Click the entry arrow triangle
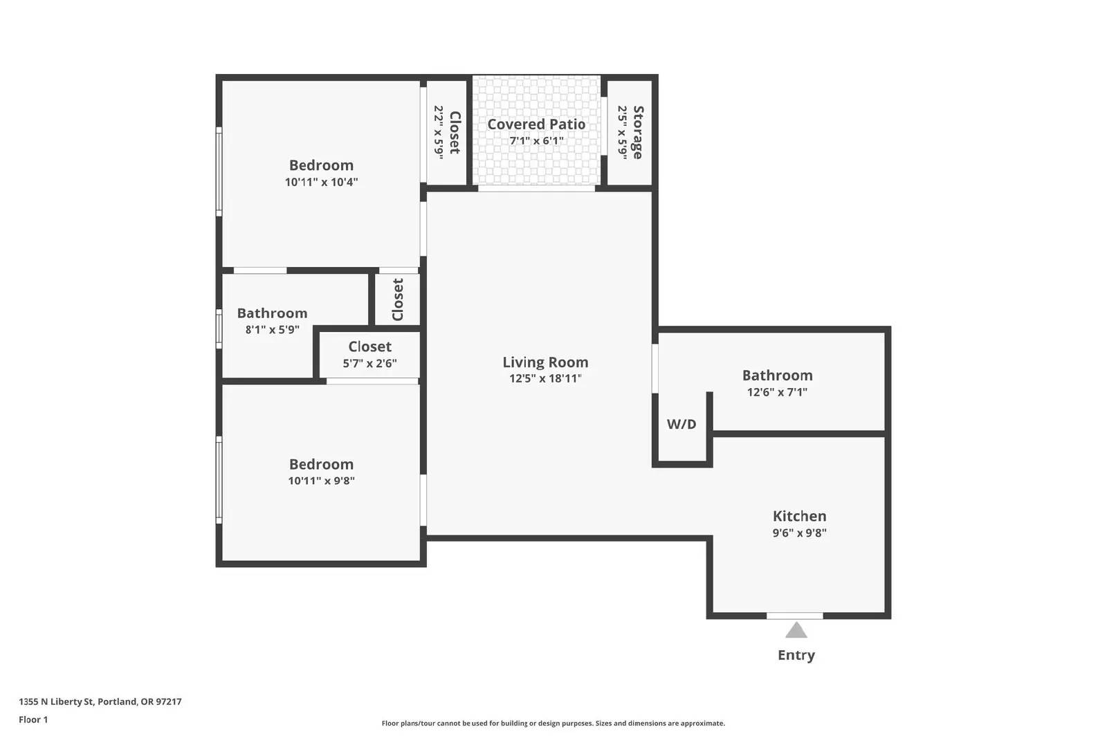[796, 630]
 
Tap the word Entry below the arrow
[796, 655]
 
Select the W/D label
[681, 424]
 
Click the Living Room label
[546, 362]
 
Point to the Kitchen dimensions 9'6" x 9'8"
[800, 533]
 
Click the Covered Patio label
[536, 124]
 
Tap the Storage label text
[638, 132]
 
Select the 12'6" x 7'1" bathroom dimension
[778, 391]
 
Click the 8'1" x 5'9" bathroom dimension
[273, 329]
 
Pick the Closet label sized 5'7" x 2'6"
[369, 347]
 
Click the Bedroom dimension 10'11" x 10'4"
[321, 182]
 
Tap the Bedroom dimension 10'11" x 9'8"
[321, 481]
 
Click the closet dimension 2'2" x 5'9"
[439, 132]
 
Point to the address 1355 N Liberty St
[56, 701]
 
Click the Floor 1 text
[33, 720]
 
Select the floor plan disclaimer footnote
[553, 723]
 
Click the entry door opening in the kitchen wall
[795, 616]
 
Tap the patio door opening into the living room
[536, 188]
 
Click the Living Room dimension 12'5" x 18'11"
[546, 378]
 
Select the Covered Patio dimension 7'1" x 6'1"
[536, 141]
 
